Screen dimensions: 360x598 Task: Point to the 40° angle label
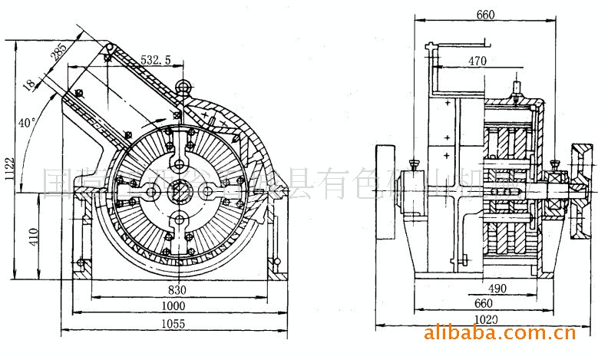(x=27, y=121)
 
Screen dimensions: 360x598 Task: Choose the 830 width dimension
(x=178, y=290)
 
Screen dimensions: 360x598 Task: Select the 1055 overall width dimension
(x=173, y=324)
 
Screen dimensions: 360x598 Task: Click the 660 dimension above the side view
(x=484, y=14)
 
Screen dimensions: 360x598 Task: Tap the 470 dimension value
(x=477, y=61)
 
